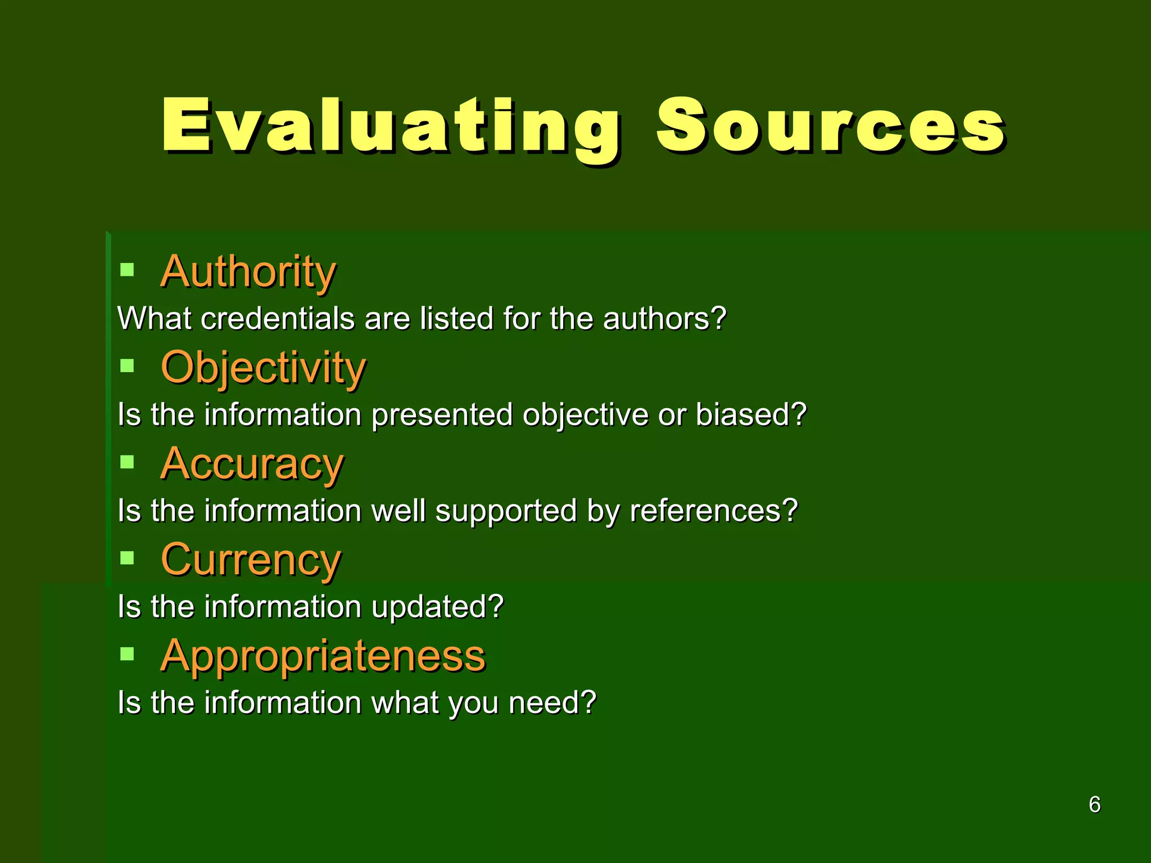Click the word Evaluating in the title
coord(391,126)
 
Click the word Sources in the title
coord(831,126)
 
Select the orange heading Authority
coord(248,272)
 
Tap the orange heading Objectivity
coord(263,368)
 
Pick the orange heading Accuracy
coord(252,464)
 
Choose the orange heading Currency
coord(251,560)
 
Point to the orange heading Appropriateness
coord(323,656)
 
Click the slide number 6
coord(1094,805)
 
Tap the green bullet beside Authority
coord(128,270)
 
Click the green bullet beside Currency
coord(128,558)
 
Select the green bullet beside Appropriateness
coord(128,654)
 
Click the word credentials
coord(278,319)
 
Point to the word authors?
coord(664,319)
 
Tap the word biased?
coord(751,415)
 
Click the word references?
coord(713,511)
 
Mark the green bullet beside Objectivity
coord(128,366)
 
